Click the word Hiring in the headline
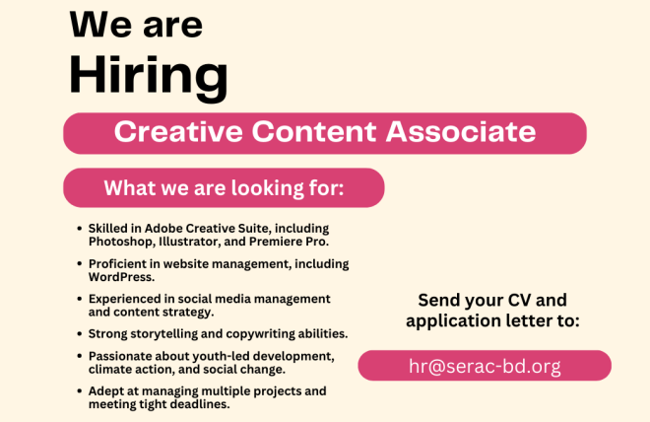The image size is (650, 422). pos(149,78)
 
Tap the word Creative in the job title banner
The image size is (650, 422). pos(178,132)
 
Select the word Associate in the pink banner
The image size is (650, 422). pos(461,132)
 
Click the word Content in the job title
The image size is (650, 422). pos(314,132)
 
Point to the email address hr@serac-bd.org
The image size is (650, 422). pos(485,366)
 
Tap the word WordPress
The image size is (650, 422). pos(121,277)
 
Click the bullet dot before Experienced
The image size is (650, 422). pos(79,299)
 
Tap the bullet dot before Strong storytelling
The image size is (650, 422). pos(79,333)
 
